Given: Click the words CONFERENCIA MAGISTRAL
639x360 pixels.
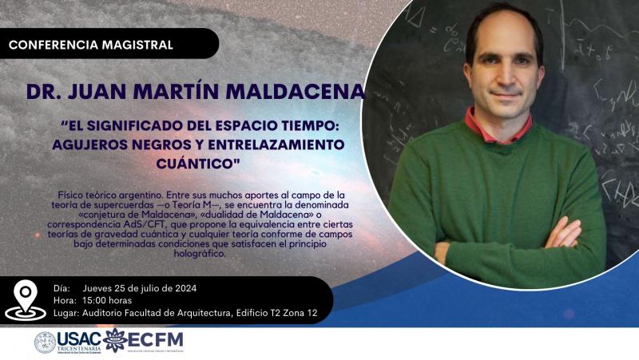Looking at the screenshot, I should click(90, 45).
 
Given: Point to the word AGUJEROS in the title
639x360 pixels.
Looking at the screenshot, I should click(91, 144).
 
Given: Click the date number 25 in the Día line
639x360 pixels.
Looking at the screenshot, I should click(132, 288).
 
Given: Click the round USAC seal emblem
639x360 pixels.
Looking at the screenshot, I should click(45, 342).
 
